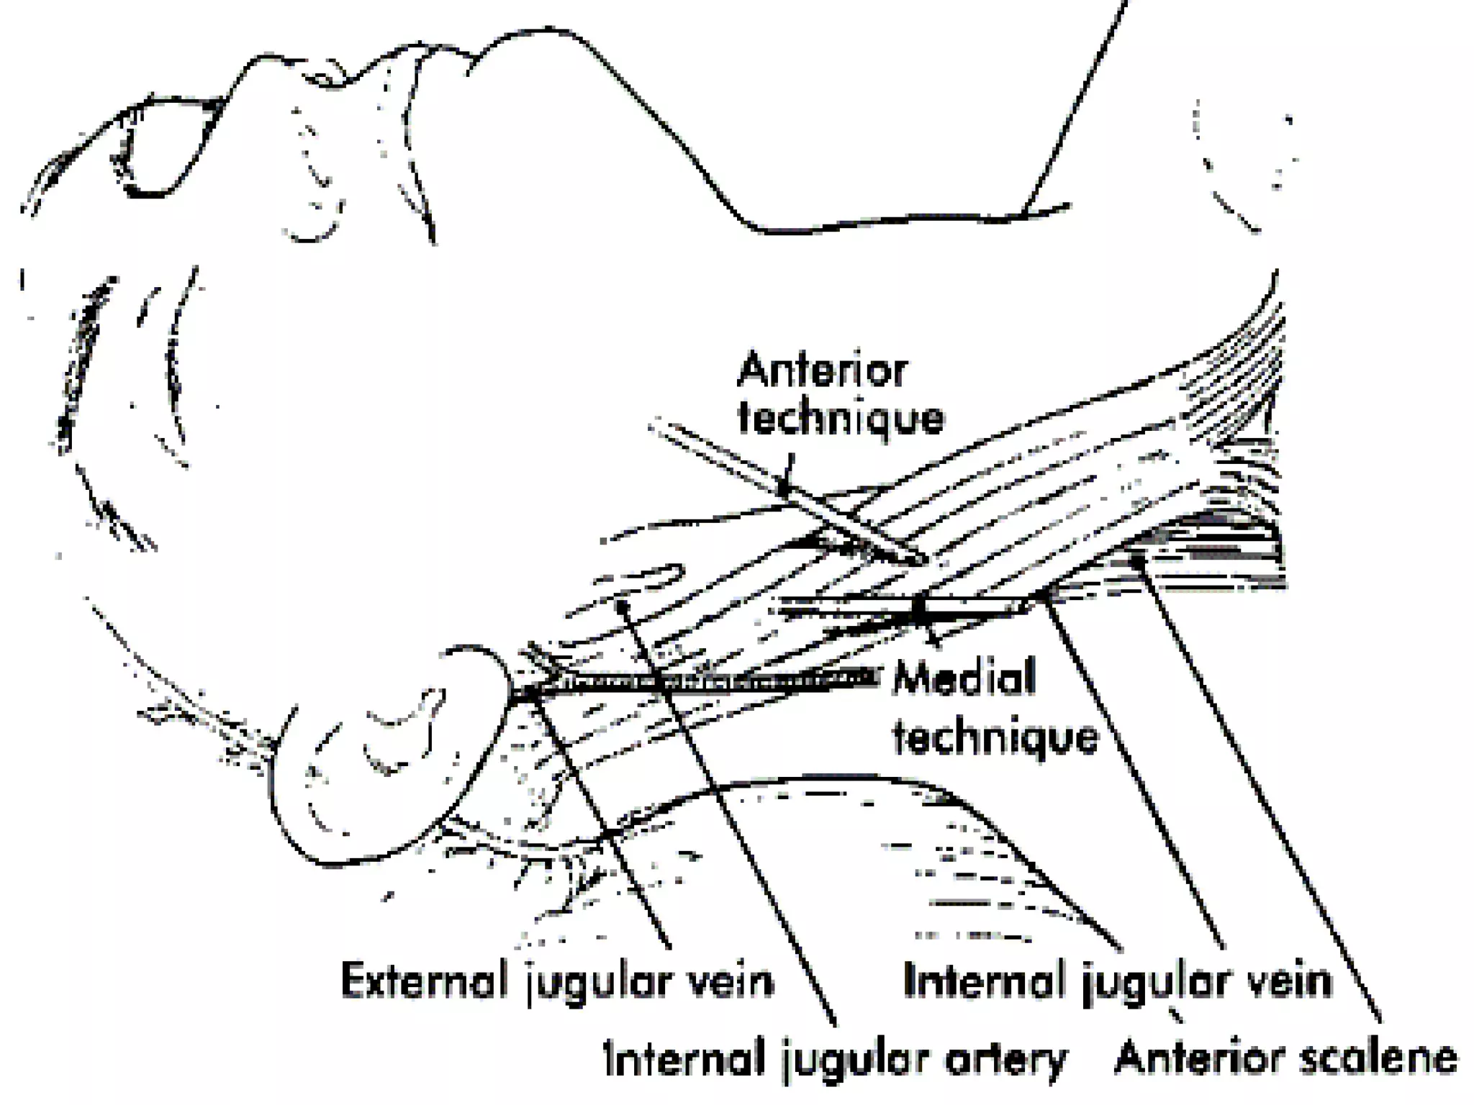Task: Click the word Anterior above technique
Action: tap(823, 371)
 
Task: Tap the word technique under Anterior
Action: tap(841, 419)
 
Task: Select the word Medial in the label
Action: tap(965, 678)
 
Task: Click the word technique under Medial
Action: tap(996, 736)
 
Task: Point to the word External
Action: tap(425, 981)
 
